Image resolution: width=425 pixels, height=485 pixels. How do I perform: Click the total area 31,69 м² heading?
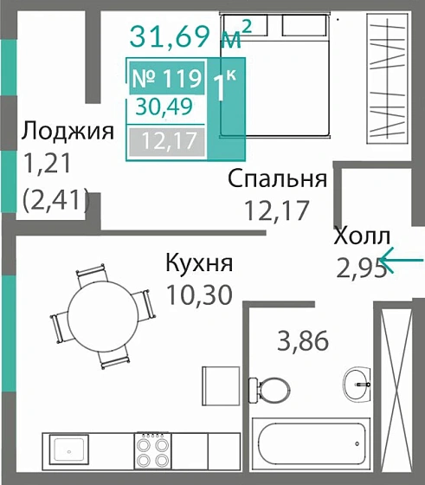[191, 37]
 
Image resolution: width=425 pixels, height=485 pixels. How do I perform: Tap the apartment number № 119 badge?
[168, 79]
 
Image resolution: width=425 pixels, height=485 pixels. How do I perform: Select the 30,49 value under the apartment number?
[164, 107]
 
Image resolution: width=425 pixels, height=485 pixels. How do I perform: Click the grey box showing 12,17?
[165, 139]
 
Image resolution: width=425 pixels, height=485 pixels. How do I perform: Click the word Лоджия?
[68, 132]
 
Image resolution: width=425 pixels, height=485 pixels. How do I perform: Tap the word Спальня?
[277, 179]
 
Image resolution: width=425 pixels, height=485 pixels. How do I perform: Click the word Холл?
[362, 236]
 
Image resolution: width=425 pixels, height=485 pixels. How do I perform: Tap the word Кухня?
[200, 263]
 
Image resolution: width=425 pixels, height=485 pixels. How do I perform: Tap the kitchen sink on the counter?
[68, 449]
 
